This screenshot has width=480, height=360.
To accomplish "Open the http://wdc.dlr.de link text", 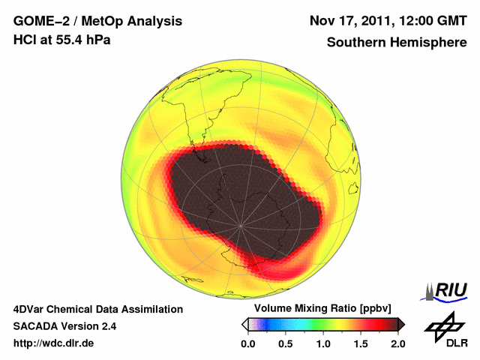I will [54, 343].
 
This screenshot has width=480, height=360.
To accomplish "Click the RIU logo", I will [445, 291].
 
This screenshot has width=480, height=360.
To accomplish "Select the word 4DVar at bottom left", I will [31, 309].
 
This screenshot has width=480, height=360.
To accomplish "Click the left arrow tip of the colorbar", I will [244, 324].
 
